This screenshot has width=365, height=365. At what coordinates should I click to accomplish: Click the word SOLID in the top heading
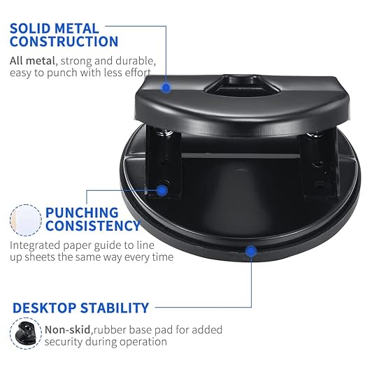[x=30, y=29]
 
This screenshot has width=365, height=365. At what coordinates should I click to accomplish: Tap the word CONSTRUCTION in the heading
[x=64, y=41]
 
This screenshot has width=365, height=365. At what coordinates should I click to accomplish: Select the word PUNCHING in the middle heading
[x=82, y=213]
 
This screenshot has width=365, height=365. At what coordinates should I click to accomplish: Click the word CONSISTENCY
[x=93, y=226]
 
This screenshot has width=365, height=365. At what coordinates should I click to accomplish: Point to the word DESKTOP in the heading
[x=44, y=308]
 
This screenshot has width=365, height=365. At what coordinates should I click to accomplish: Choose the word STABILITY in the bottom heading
[x=115, y=308]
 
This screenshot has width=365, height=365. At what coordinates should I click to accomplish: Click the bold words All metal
[x=32, y=61]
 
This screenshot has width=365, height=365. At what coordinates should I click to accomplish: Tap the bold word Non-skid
[x=67, y=330]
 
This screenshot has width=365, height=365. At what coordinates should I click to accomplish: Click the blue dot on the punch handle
[x=166, y=88]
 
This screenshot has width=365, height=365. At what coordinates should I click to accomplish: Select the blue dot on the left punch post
[x=162, y=191]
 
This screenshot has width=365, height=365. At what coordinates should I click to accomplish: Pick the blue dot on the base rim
[x=251, y=251]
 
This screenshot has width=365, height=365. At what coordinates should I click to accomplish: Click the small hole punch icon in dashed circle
[x=26, y=334]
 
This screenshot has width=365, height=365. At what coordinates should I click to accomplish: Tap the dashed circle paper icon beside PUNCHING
[x=26, y=220]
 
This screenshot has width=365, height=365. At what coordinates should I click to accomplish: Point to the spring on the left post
[x=164, y=134]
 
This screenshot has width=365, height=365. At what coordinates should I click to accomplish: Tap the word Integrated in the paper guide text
[x=35, y=245]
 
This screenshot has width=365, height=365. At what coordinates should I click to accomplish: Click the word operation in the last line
[x=143, y=342]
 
